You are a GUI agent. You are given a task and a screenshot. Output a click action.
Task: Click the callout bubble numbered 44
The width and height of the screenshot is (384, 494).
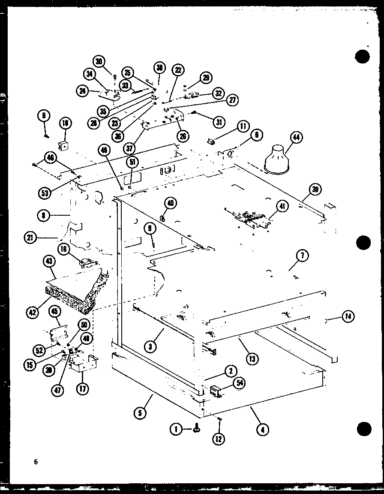(296, 138)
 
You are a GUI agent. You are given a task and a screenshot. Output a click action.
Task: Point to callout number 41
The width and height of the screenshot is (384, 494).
(282, 206)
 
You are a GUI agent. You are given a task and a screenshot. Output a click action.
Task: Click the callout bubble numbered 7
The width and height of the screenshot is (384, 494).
(302, 256)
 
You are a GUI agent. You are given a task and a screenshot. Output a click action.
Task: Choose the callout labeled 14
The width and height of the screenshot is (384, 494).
(348, 317)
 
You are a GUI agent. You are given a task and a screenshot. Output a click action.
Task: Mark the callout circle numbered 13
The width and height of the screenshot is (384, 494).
(252, 358)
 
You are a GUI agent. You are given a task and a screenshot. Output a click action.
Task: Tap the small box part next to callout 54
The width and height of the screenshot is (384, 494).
(216, 391)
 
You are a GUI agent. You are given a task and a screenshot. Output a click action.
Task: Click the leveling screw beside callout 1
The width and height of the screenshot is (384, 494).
(197, 428)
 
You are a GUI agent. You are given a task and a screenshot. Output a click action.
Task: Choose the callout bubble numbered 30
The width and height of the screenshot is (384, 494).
(100, 62)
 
